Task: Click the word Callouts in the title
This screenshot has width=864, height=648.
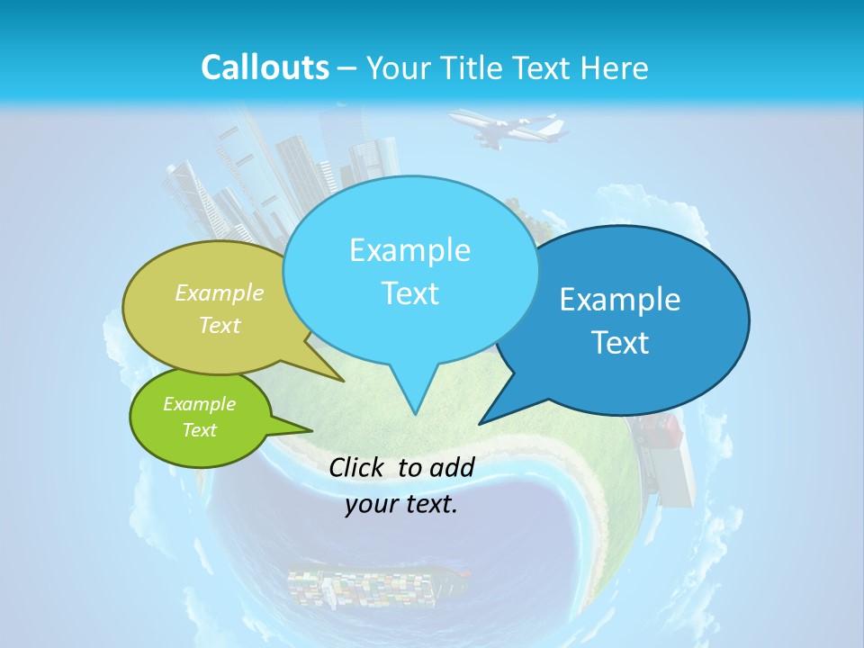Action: [x=265, y=67]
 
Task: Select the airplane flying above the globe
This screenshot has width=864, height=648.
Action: [x=508, y=129]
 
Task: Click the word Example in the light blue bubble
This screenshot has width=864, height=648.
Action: [x=409, y=250]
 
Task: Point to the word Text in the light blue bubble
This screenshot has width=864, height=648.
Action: [x=409, y=293]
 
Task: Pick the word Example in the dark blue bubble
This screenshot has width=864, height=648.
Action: [x=620, y=300]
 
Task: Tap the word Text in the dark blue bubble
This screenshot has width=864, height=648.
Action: [x=620, y=343]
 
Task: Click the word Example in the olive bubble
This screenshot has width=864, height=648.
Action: [x=220, y=292]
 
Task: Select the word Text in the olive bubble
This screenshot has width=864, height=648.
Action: [x=220, y=325]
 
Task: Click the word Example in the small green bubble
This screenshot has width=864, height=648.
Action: [x=199, y=404]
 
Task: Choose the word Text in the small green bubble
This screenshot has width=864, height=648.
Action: [x=199, y=430]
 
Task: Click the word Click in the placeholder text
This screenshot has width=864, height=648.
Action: [x=358, y=467]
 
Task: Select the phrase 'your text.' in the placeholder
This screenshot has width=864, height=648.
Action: [x=401, y=504]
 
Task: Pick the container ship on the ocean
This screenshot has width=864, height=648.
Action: [x=378, y=586]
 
